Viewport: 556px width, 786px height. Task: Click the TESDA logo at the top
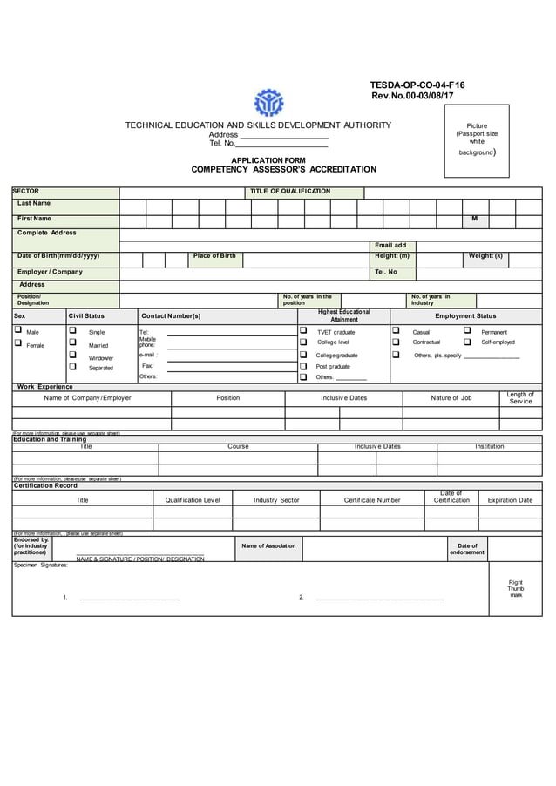coord(268,103)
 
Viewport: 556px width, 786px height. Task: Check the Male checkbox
coord(17,331)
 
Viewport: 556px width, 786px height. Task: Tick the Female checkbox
coord(17,343)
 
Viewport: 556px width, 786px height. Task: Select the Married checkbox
coord(72,343)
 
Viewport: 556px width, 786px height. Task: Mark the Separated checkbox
coord(72,367)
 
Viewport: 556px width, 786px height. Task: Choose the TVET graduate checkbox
coord(303,331)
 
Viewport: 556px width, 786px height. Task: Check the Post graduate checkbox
coord(303,366)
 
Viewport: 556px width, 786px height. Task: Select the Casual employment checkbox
coord(395,331)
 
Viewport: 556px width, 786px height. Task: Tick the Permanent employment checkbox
coord(467,331)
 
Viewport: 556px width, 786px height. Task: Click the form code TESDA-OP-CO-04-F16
coord(417,85)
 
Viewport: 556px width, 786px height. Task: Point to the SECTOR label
coord(26,192)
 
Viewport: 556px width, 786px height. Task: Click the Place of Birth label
coord(214,255)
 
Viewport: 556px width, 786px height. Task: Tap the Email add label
coord(390,246)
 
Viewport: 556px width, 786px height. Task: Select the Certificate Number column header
coord(372,500)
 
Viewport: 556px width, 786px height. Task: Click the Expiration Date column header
coord(510,500)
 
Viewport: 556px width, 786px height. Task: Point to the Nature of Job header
coord(451,398)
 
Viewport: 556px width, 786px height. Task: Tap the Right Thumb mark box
coord(515,588)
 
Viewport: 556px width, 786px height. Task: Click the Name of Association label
coord(268,545)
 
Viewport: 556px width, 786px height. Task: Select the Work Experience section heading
coord(45,386)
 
